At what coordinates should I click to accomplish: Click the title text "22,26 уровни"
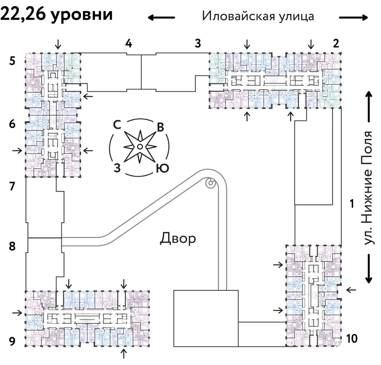point(57,14)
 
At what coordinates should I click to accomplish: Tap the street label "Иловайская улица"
point(258,16)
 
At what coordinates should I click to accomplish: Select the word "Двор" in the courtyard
point(178,238)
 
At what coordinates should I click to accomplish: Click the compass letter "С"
point(117,125)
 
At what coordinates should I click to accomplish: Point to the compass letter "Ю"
point(162,169)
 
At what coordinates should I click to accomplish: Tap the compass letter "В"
point(160,127)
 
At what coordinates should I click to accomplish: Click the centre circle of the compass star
point(140,147)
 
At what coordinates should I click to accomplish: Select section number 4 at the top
point(128,44)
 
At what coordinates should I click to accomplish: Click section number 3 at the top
point(198,44)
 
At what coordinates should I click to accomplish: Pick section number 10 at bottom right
point(352,338)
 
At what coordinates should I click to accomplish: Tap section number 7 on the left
point(12,187)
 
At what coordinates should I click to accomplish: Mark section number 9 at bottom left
point(12,341)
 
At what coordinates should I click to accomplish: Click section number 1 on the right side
point(352,204)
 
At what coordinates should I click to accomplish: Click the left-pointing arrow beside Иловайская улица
point(161,18)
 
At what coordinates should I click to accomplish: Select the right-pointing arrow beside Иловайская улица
point(354,18)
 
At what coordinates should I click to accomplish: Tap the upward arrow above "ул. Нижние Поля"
point(369,107)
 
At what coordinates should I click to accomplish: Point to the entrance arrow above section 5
point(58,44)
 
